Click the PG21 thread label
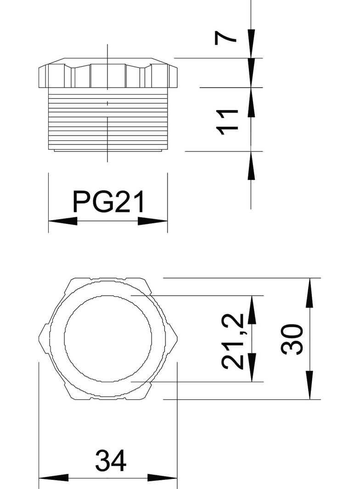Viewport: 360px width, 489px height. click(108, 202)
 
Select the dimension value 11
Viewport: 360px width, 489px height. click(228, 122)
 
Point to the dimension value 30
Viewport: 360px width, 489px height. click(292, 339)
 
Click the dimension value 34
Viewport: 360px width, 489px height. click(110, 461)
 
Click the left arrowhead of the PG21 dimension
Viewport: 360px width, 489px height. click(62, 221)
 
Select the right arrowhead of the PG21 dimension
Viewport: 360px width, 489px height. click(153, 221)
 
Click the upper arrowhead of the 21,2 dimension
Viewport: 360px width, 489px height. click(251, 310)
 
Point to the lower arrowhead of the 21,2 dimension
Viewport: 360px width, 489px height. click(251, 367)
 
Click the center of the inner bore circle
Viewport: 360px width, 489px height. click(108, 339)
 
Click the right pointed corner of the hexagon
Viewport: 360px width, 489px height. click(177, 339)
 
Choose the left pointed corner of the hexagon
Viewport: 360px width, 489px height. click(39, 339)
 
